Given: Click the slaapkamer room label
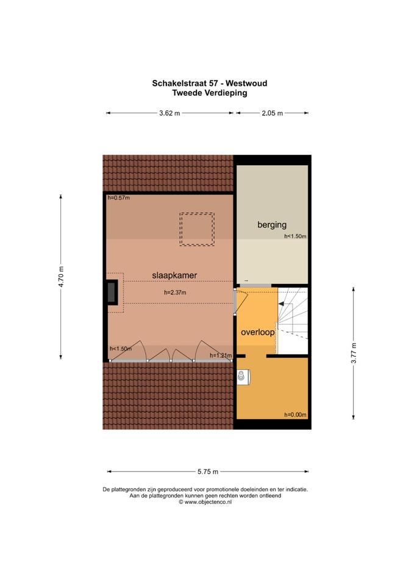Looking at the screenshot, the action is pos(174,275).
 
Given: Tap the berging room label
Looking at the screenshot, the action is pos(272,225).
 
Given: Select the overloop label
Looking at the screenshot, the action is pos(257,332).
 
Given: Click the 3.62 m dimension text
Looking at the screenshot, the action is pos(170,113).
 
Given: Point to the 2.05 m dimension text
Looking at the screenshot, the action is pos(272,113).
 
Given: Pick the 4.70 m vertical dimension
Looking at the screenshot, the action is pos(61,277).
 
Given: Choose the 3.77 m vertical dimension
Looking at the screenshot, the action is pos(354,353).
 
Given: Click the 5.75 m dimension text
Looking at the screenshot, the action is pos(208,472).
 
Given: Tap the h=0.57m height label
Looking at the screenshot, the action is pos(119,197).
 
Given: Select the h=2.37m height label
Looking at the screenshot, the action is pos(175,292).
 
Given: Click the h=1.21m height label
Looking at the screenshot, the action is pos(221,355).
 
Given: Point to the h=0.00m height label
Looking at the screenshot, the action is pos(295,415).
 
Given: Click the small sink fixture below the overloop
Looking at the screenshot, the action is pos(243,377).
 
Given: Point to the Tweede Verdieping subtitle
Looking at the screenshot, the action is pos(209,93).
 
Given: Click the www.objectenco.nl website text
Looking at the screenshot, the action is pos(208,502).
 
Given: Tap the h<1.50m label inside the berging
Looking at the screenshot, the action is pos(295,236).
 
